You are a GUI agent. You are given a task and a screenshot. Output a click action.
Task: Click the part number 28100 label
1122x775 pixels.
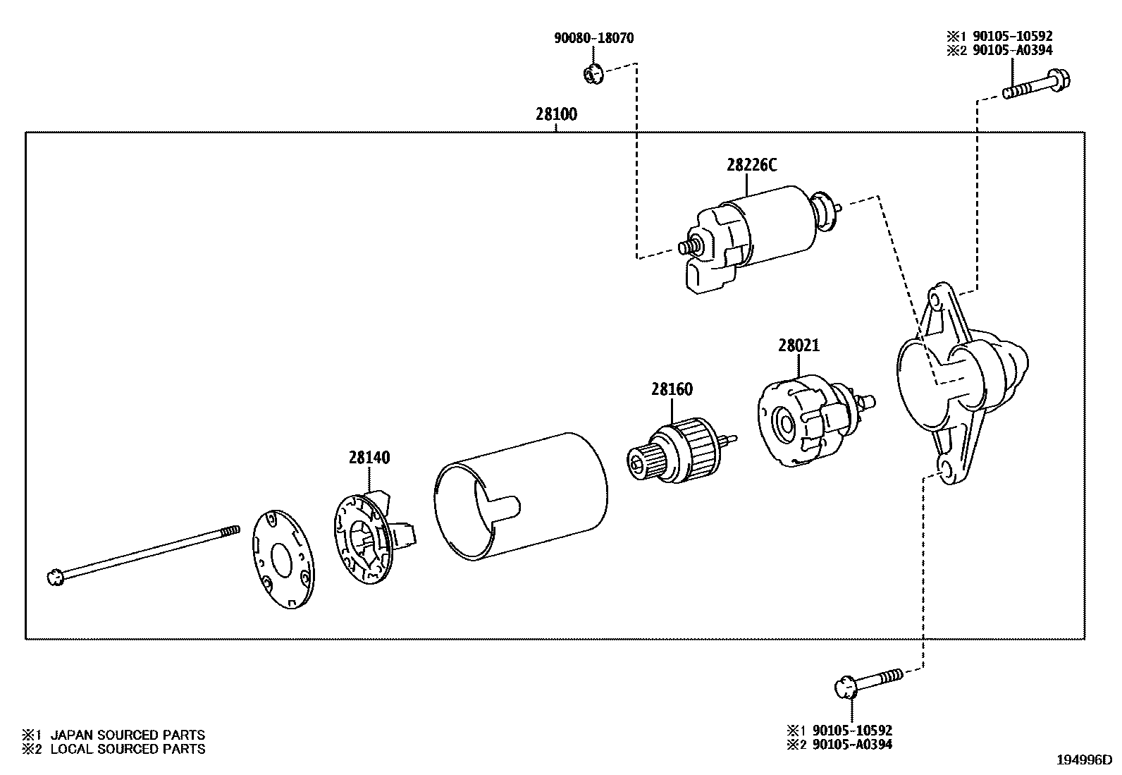[556, 114]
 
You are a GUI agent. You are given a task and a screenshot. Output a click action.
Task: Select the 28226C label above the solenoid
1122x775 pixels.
[752, 165]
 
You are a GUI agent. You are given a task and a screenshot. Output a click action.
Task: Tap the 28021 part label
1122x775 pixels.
[799, 346]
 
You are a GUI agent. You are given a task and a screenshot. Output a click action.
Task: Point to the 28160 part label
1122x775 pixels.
[672, 389]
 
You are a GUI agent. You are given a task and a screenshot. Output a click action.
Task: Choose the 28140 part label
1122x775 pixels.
[369, 457]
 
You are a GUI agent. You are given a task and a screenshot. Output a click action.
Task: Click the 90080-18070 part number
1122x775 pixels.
[593, 38]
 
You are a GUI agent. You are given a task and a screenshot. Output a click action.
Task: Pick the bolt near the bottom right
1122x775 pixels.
[869, 682]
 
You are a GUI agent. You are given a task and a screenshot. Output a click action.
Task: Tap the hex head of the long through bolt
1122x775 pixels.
[55, 578]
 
